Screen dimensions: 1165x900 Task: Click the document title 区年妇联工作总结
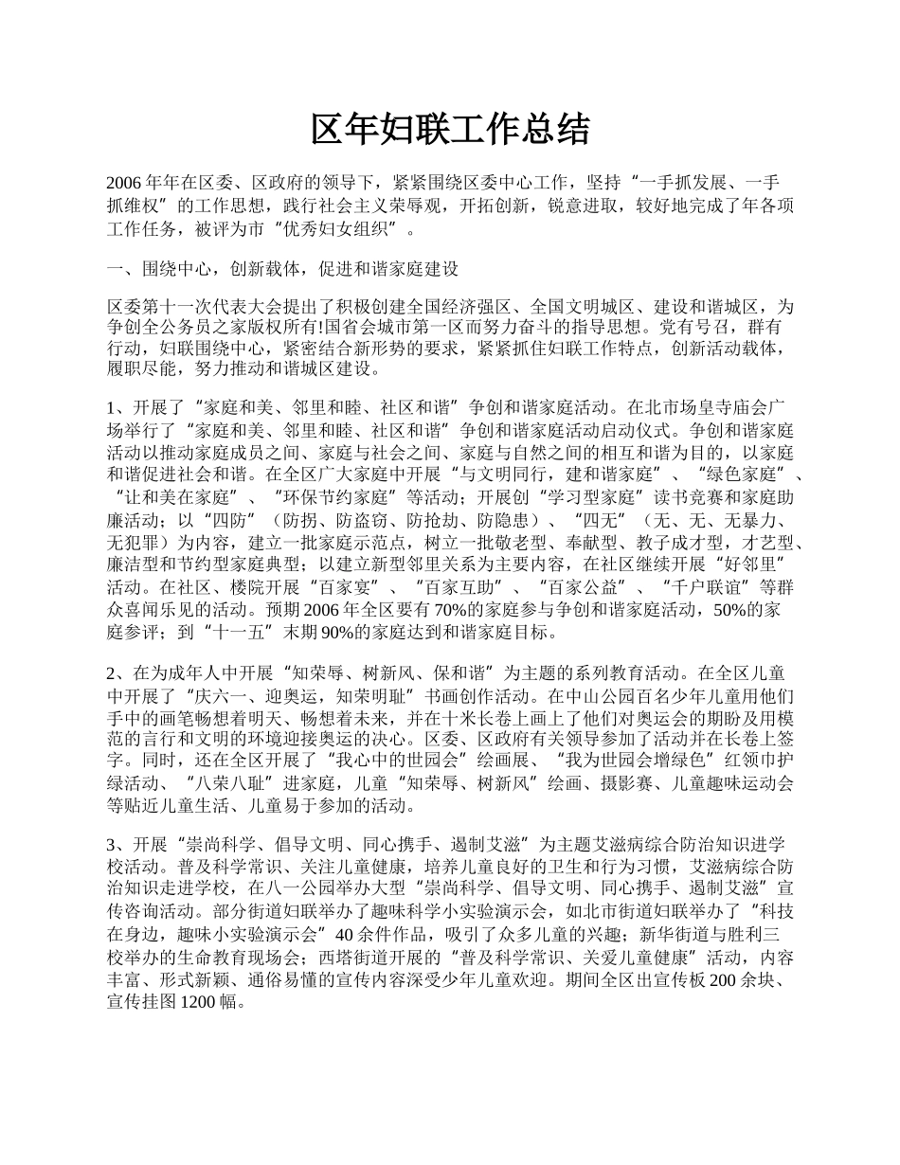coord(450,130)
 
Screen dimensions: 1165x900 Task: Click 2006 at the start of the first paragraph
coord(124,184)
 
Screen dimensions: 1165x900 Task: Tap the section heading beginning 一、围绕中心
coord(282,269)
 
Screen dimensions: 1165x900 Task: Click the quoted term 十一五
coord(219,632)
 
